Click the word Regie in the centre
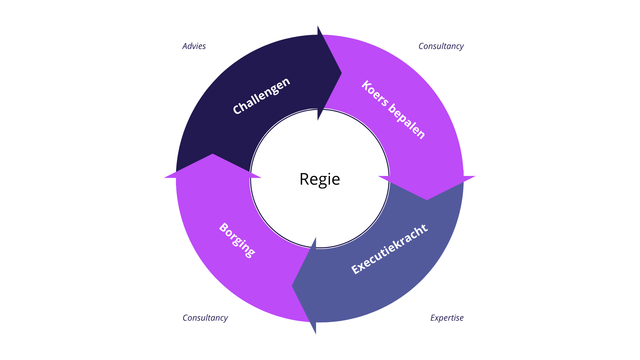pos(320,179)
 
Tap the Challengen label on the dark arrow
pos(261,96)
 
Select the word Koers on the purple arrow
pos(375,94)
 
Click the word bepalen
pos(407,122)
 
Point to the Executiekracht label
pos(389,249)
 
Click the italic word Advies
pos(194,46)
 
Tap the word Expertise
pos(447,318)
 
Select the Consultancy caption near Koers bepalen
pos(441,46)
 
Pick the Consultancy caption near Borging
pos(205,318)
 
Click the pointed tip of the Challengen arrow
pos(342,73)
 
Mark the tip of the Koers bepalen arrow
pos(427,200)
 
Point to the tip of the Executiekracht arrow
pos(292,286)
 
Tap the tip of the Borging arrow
pos(213,154)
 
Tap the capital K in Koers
pos(367,85)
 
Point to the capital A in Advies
pos(185,46)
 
